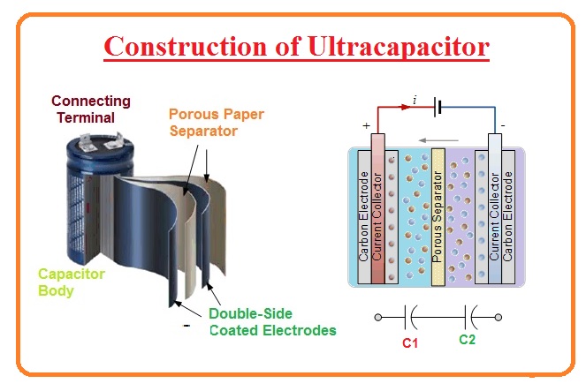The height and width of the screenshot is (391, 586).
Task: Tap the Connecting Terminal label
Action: click(x=91, y=109)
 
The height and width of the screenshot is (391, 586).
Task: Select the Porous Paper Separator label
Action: click(x=216, y=123)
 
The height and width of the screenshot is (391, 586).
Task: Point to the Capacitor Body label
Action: click(x=71, y=282)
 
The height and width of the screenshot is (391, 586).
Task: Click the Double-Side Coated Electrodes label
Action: click(x=272, y=322)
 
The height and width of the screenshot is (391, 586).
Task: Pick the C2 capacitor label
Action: click(x=468, y=339)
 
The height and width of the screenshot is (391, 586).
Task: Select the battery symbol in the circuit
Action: click(x=437, y=110)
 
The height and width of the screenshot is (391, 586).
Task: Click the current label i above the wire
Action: click(x=415, y=102)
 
